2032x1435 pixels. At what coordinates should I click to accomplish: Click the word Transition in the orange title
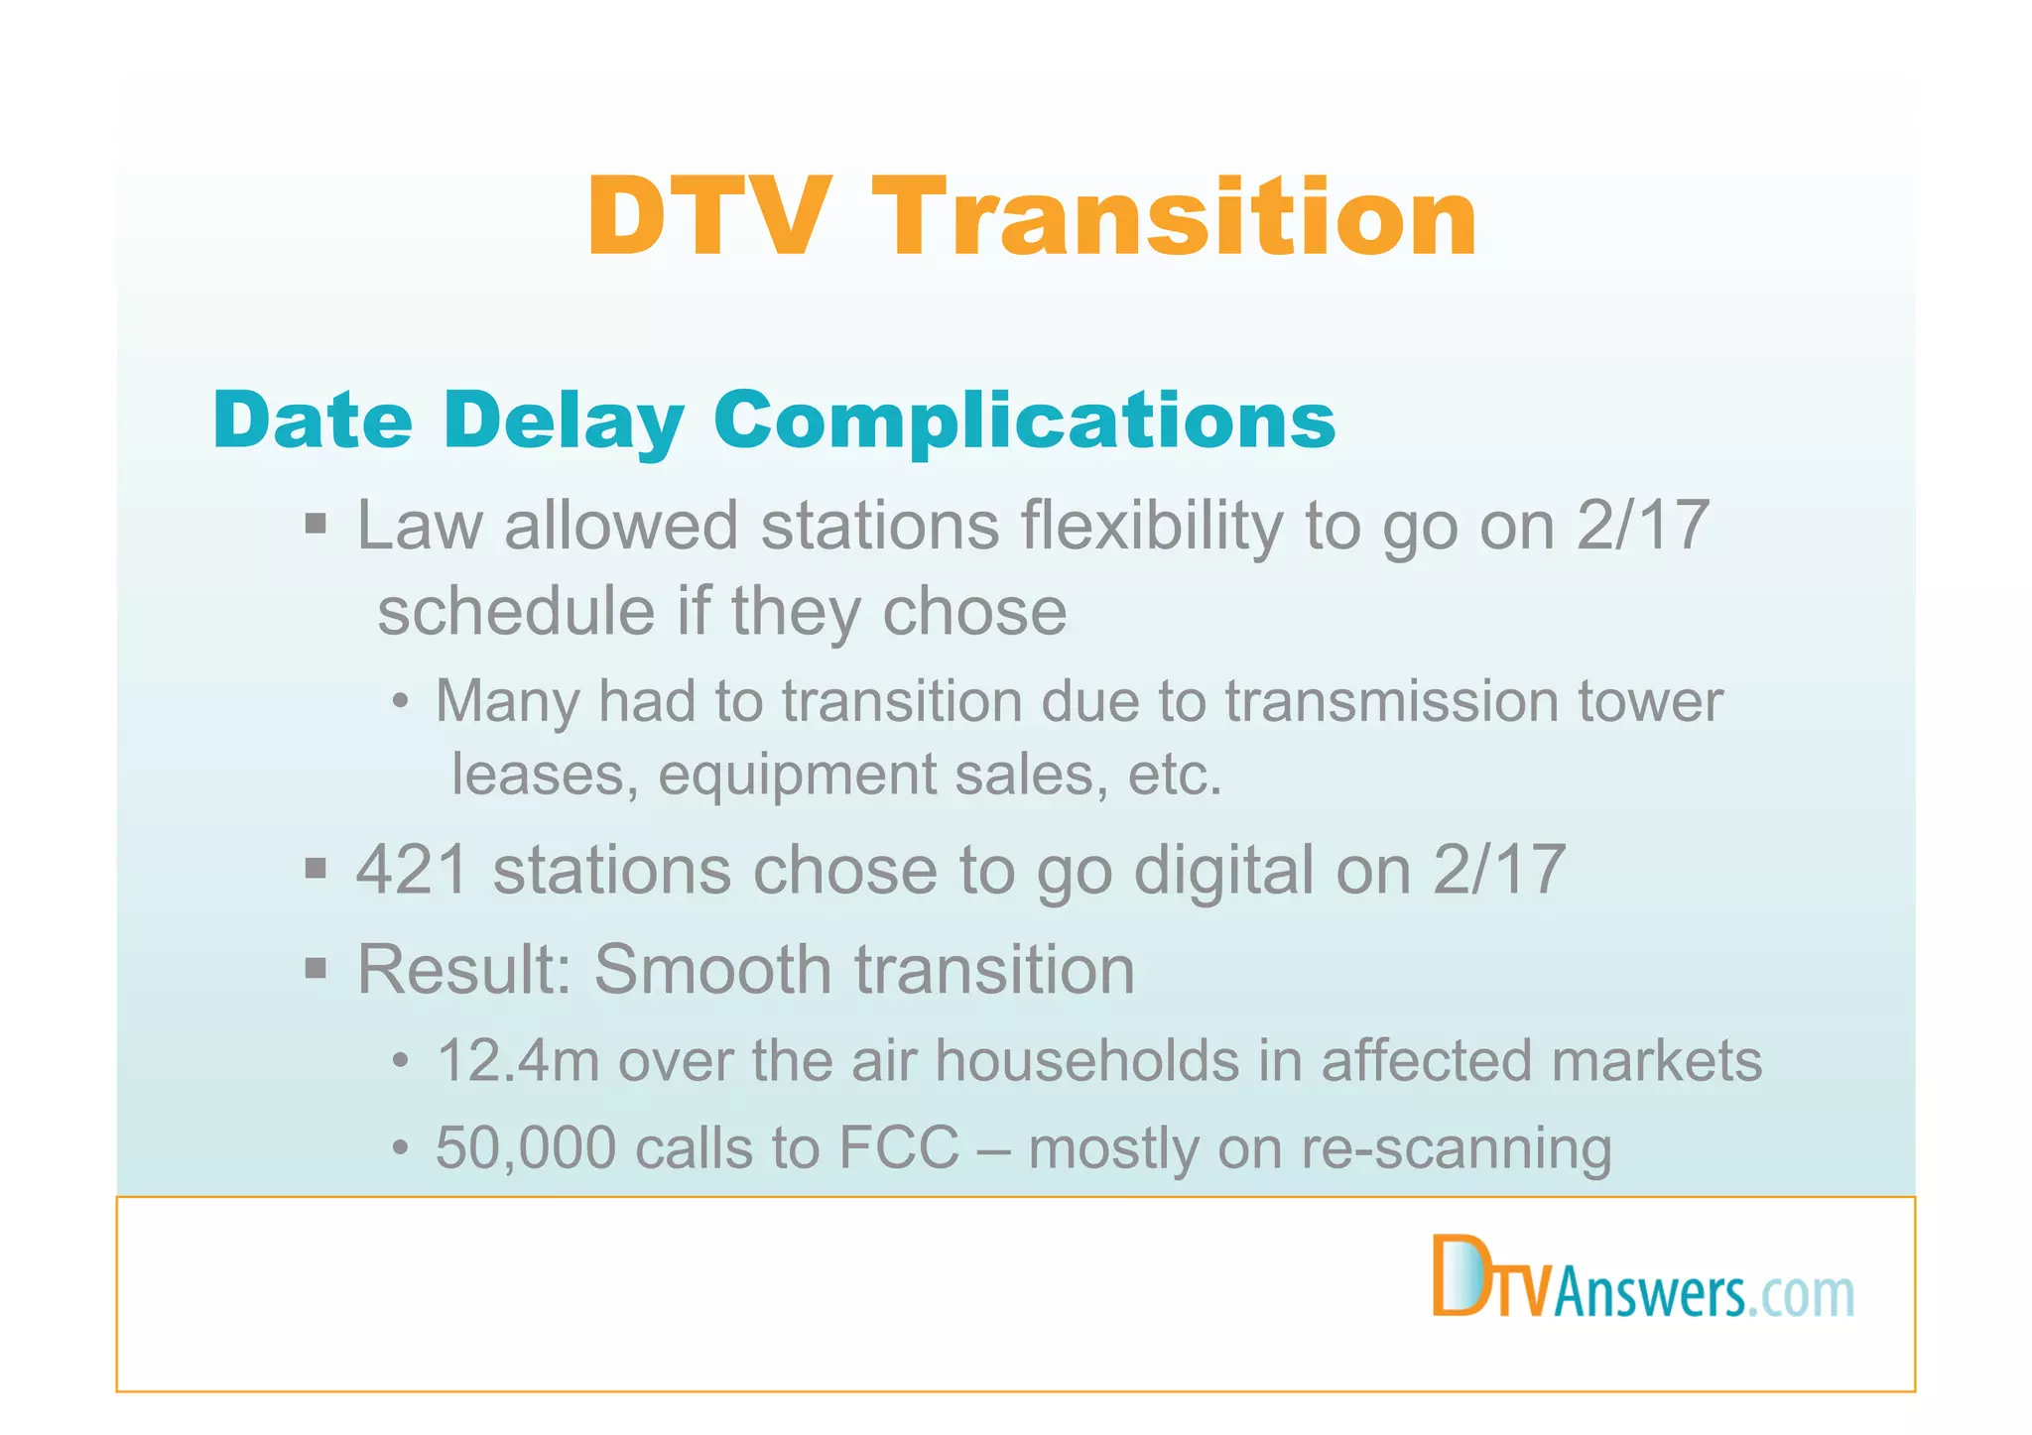pyautogui.click(x=1180, y=217)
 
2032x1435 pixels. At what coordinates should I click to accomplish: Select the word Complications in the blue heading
pyautogui.click(x=1024, y=419)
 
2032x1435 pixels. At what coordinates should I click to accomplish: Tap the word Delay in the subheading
pyautogui.click(x=564, y=419)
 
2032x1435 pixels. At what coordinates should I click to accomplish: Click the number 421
pyautogui.click(x=412, y=870)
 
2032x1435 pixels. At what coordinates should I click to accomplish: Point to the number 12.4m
pyautogui.click(x=517, y=1060)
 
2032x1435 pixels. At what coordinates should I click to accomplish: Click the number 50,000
pyautogui.click(x=525, y=1148)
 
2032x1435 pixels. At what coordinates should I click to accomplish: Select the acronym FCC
pyautogui.click(x=899, y=1148)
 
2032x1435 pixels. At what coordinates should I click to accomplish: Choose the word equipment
pyautogui.click(x=797, y=776)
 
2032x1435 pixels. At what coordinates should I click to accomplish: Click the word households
pyautogui.click(x=1087, y=1060)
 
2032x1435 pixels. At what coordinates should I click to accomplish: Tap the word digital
pyautogui.click(x=1223, y=870)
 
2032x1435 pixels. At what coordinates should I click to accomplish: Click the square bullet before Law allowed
pyautogui.click(x=316, y=524)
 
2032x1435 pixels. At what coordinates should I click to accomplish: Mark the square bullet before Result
pyautogui.click(x=316, y=967)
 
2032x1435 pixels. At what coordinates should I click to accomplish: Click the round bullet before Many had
pyautogui.click(x=400, y=702)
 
